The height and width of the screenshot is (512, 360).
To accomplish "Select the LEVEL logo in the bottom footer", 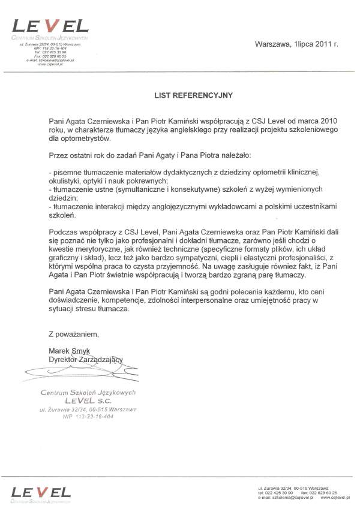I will (x=41, y=493).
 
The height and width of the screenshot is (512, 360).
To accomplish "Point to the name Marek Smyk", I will (x=69, y=350).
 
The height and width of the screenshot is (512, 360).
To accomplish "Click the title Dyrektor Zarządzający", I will (x=86, y=359).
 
